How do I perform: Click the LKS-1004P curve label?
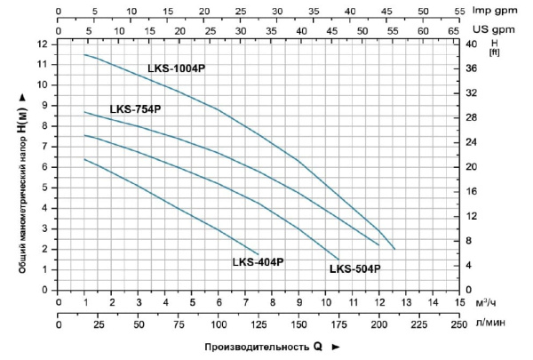pos(176,68)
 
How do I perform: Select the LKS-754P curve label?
pos(135,110)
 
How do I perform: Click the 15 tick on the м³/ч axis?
pos(459,303)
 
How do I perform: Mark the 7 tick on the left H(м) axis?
pos(44,146)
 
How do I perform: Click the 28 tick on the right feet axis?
pos(471,117)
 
